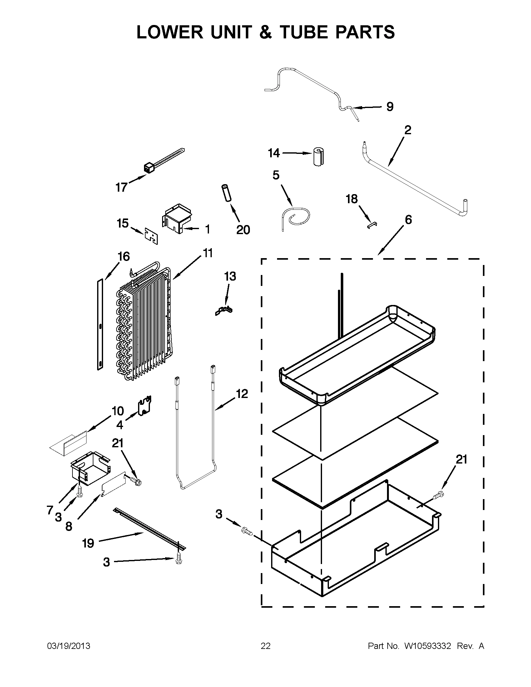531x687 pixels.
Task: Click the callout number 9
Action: click(x=390, y=107)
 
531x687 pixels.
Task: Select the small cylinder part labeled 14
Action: click(x=319, y=156)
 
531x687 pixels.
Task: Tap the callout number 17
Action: click(x=121, y=188)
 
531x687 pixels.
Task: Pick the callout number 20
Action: click(x=243, y=230)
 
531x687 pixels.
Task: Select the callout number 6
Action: click(x=408, y=220)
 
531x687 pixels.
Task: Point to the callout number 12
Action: click(x=242, y=394)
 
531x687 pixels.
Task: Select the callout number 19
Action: click(x=88, y=542)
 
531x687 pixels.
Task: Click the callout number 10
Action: click(x=117, y=411)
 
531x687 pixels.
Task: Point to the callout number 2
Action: click(x=408, y=130)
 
